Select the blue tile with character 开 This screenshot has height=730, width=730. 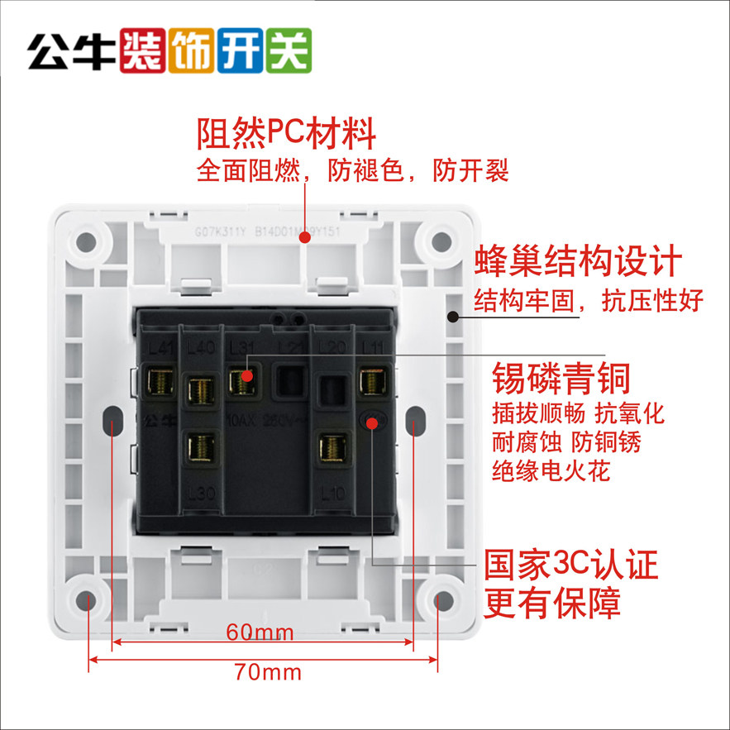click(241, 51)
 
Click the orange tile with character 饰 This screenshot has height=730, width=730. click(191, 51)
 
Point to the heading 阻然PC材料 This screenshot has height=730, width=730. click(287, 132)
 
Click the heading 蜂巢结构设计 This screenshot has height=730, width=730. click(578, 261)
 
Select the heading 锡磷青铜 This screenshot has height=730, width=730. click(561, 379)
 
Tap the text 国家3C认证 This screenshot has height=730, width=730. click(570, 566)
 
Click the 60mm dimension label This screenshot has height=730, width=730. click(260, 633)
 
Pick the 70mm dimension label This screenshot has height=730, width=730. click(268, 671)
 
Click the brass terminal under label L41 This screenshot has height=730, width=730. click(159, 381)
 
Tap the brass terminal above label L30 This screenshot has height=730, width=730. click(198, 446)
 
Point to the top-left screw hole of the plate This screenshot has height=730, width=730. click(86, 241)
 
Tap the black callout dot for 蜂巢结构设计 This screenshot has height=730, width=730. click(452, 316)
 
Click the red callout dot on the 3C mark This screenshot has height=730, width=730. click(372, 423)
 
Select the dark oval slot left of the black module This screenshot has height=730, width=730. click(110, 422)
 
